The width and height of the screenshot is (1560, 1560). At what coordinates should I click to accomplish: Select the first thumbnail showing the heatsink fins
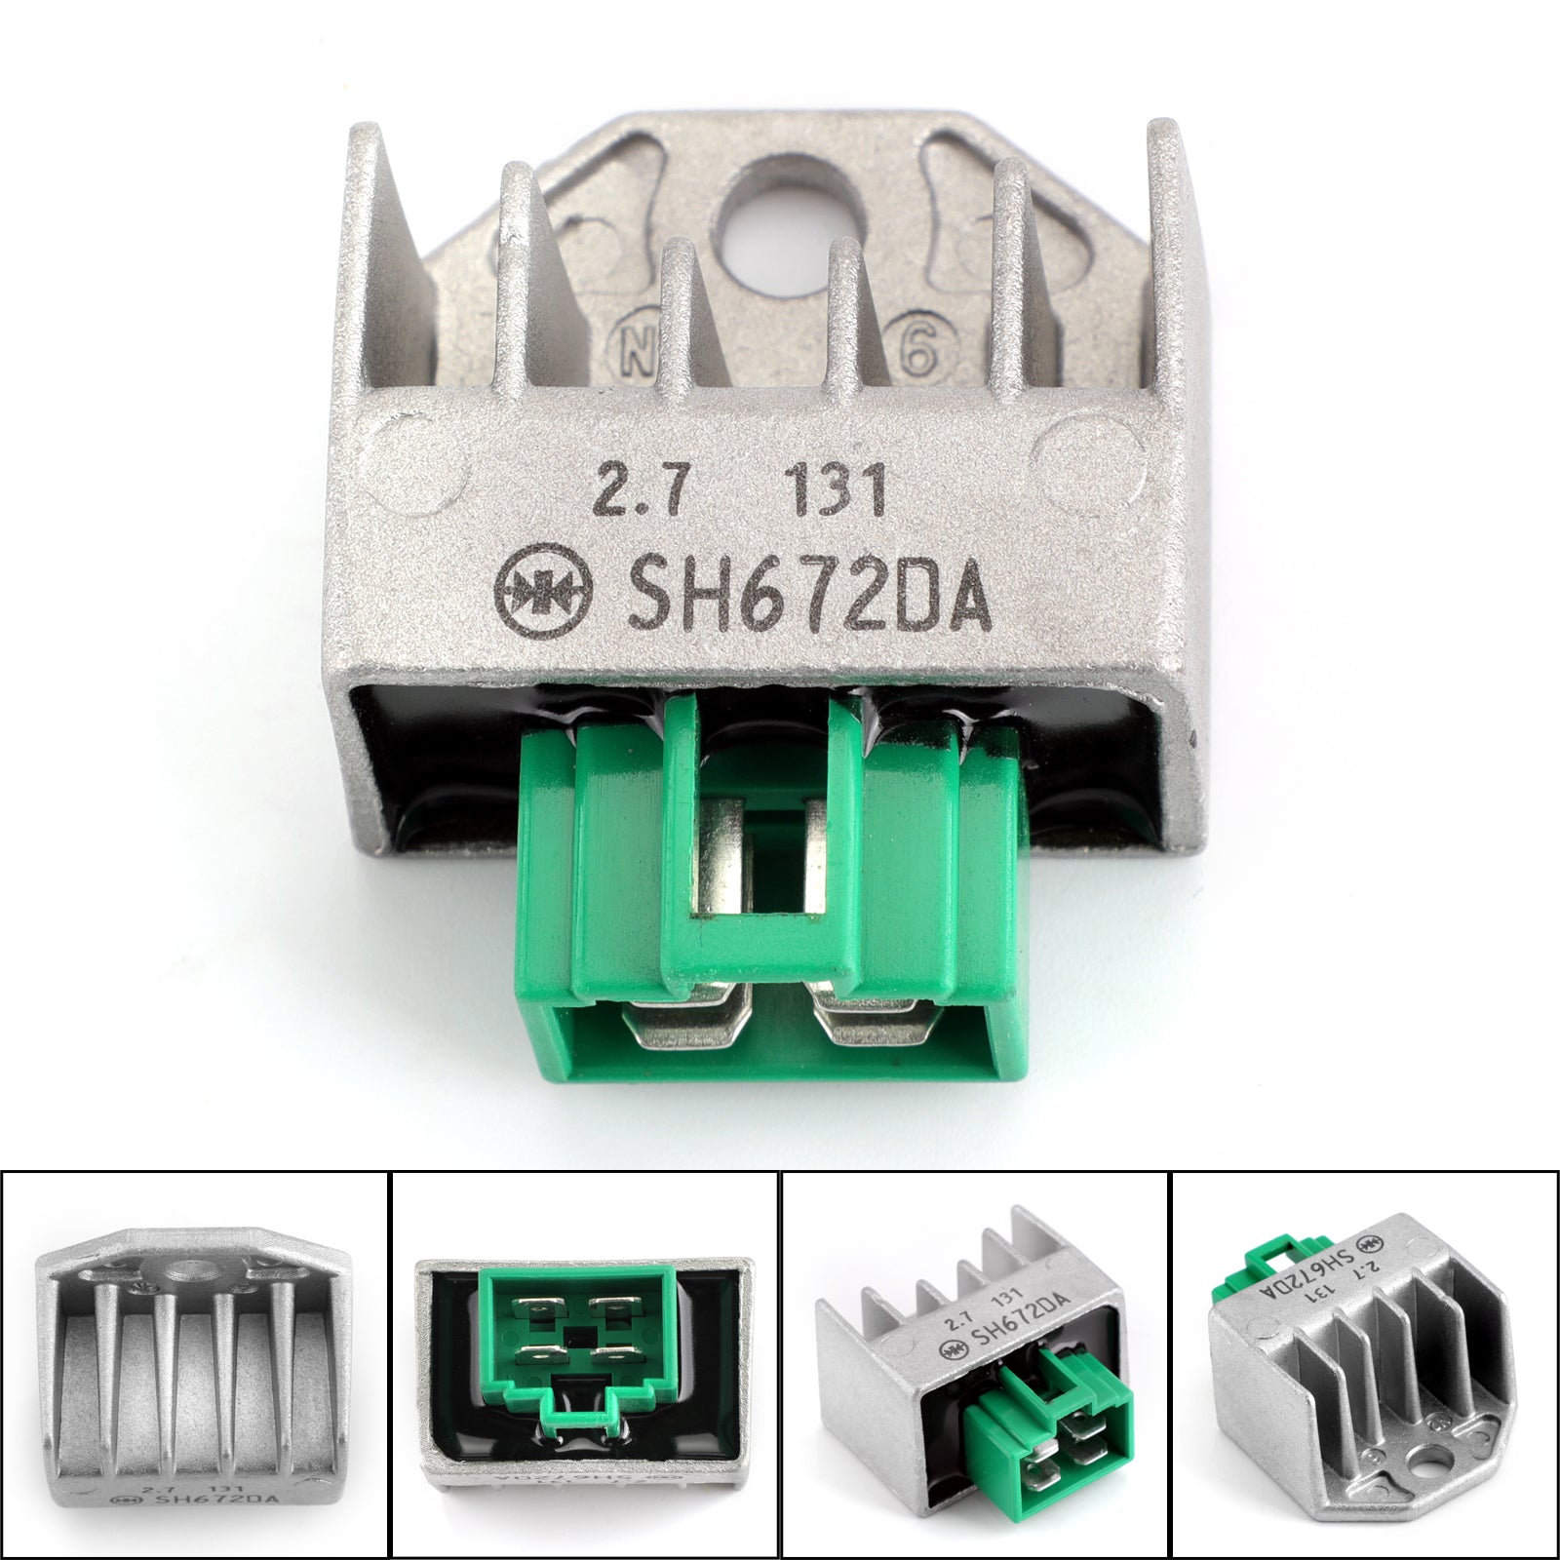coord(195,1365)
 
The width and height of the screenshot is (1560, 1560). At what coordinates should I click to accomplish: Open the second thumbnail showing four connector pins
coord(585,1365)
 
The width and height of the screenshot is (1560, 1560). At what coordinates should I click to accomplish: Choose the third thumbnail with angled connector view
coord(975,1365)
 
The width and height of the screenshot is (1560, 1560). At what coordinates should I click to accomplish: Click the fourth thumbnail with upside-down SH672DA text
coord(1365,1365)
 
